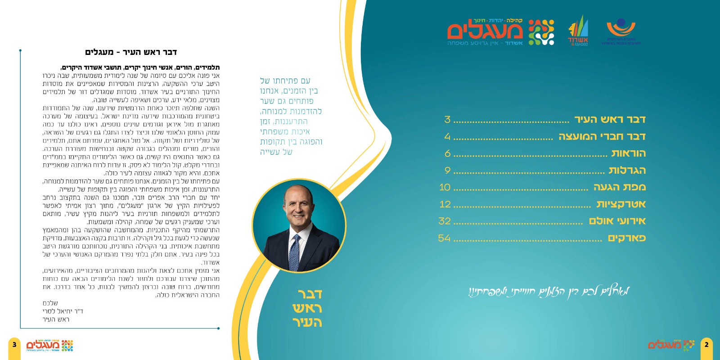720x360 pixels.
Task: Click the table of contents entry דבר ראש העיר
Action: (610, 119)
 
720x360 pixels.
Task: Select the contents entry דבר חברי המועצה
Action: (602, 136)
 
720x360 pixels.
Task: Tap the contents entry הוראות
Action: (628, 153)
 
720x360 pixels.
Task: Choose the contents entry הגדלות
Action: (627, 170)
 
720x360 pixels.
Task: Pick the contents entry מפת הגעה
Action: (619, 187)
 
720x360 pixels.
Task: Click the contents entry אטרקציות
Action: (621, 204)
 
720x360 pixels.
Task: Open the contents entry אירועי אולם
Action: (617, 221)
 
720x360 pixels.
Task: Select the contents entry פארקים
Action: (626, 238)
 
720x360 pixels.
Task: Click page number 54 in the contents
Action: (444, 238)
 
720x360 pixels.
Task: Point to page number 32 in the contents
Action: (445, 221)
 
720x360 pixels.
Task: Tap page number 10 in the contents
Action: (445, 187)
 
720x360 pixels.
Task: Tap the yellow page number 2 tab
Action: (706, 345)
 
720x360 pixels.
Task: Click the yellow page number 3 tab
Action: (14, 345)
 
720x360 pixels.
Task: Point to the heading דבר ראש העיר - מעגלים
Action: (131, 52)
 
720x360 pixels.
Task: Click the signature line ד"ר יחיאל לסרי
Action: (63, 311)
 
